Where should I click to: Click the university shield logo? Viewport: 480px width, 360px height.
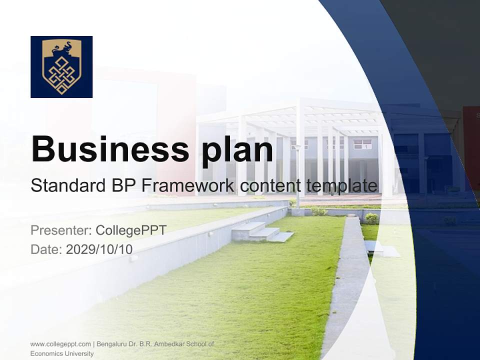pyautogui.click(x=61, y=67)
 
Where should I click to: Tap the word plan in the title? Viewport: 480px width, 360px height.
pyautogui.click(x=232, y=149)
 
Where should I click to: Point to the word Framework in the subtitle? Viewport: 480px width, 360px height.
pyautogui.click(x=188, y=186)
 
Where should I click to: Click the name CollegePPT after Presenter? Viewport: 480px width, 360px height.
pyautogui.click(x=131, y=230)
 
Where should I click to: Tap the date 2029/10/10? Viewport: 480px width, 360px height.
pyautogui.click(x=99, y=249)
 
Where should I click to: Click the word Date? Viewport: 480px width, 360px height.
pyautogui.click(x=45, y=249)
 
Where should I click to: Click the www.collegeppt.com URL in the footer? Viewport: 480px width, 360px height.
pyautogui.click(x=60, y=344)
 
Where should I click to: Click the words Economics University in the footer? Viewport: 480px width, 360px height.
pyautogui.click(x=61, y=353)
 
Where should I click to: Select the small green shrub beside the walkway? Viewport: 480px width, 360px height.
pyautogui.click(x=371, y=218)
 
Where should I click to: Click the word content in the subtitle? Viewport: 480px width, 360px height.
pyautogui.click(x=270, y=186)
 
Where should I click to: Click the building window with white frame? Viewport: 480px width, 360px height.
pyautogui.click(x=362, y=144)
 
